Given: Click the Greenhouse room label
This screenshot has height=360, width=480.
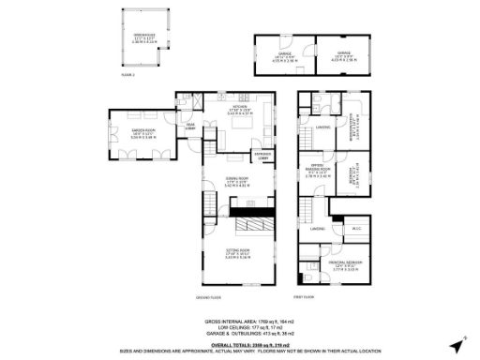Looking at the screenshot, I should (138, 35).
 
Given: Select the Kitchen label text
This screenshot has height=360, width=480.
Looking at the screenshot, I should (239, 107).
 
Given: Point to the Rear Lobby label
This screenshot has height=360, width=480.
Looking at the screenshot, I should (190, 127).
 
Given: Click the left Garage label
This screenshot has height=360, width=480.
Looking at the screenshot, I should (284, 54).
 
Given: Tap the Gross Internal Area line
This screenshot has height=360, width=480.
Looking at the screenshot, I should (239, 322).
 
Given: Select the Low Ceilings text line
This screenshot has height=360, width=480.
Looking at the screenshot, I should (239, 327).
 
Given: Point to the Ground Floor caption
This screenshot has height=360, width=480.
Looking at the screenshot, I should (207, 298).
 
